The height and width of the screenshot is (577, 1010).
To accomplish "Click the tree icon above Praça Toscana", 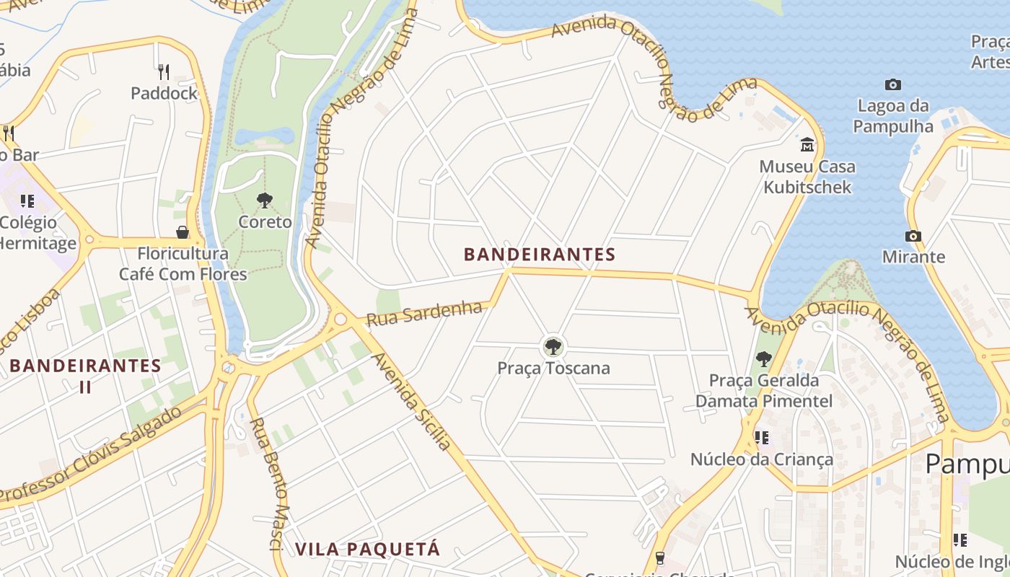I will (553, 347).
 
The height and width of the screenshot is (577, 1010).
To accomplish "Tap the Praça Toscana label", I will (553, 369).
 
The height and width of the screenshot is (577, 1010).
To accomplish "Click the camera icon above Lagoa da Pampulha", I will (893, 85).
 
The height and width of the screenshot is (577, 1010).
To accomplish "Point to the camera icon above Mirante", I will (913, 236).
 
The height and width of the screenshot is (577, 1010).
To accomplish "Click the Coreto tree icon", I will (265, 201).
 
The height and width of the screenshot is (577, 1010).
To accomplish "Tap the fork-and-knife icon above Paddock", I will (164, 71).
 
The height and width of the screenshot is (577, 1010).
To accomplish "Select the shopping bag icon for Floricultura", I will (183, 232).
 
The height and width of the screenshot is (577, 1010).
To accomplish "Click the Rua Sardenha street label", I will (424, 314).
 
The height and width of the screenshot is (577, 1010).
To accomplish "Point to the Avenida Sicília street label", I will (412, 401).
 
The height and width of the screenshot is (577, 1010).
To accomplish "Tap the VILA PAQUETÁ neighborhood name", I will (367, 550).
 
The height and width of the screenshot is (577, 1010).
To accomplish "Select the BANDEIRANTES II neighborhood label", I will (85, 375).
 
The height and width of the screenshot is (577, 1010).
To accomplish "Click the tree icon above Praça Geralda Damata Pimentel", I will (763, 358).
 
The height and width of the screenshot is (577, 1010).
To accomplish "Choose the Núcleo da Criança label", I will (761, 459).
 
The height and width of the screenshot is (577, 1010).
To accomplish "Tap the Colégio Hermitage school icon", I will (27, 201).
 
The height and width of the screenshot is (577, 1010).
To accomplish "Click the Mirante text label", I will (913, 257).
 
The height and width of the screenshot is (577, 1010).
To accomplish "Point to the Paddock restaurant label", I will (164, 93).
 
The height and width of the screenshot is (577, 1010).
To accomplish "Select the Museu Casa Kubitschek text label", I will (807, 177).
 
